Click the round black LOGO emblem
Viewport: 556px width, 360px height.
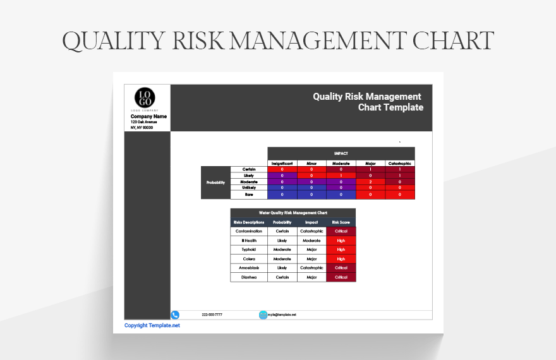click(145, 98)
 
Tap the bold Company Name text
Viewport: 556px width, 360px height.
click(148, 116)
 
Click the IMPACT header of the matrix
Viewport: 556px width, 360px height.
click(341, 153)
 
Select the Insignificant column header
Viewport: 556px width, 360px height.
click(282, 163)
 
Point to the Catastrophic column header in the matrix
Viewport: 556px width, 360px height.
click(400, 163)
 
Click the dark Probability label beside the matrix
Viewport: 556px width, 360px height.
click(215, 183)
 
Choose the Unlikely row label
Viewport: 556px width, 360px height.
click(249, 188)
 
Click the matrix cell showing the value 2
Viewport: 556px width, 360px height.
click(371, 182)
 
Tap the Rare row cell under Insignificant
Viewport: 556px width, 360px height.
click(282, 195)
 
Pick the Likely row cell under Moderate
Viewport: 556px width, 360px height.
click(341, 176)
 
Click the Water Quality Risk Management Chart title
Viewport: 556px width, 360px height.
click(293, 213)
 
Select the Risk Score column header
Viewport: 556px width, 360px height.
click(341, 222)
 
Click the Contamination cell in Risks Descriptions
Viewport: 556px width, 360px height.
click(249, 231)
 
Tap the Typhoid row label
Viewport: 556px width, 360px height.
click(249, 249)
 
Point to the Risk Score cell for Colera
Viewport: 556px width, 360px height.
click(341, 259)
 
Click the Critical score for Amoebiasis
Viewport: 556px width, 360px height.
click(341, 268)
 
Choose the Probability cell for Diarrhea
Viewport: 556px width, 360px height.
click(282, 277)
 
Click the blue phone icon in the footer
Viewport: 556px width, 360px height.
click(175, 315)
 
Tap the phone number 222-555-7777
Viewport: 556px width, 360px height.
click(212, 315)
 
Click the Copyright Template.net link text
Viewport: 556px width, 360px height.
click(152, 325)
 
